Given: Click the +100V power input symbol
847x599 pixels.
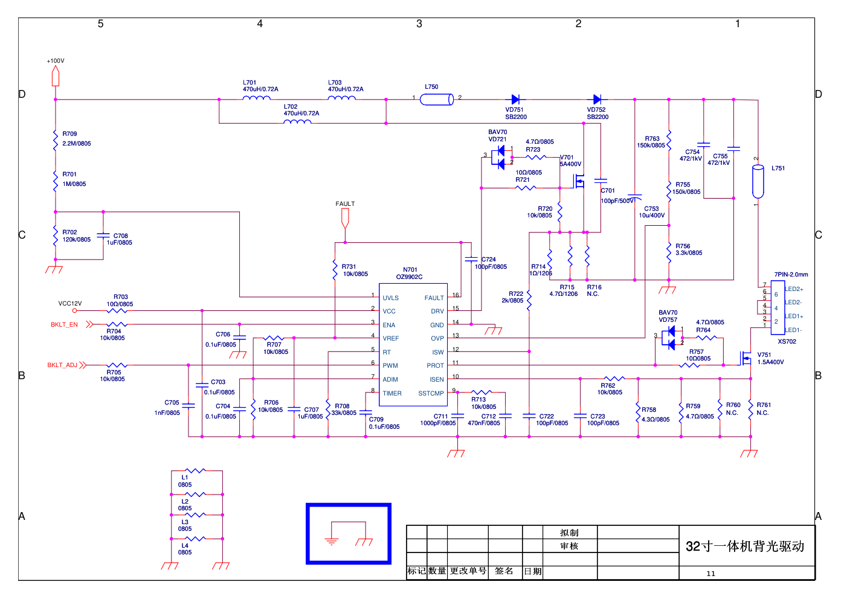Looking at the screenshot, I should pos(56,76).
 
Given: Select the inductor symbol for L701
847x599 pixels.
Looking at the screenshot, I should pos(256,98).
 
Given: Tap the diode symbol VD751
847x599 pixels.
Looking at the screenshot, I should pos(515,100).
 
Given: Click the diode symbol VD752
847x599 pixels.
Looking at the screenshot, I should pos(597,100).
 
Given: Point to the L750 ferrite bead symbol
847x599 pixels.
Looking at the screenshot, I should pos(437,100).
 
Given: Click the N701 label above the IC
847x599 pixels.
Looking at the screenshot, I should pos(410,270).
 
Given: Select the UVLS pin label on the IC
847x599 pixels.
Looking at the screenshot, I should pos(390,298).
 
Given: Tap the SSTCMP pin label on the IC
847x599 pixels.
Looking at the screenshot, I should pos(431,393).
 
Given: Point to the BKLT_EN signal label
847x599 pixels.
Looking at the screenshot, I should pos(64,325).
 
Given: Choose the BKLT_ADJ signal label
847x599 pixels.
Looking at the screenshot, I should pos(62,365).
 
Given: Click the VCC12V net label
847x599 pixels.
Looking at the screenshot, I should pos(70,304).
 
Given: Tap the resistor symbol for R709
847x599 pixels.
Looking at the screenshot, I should pos(56,139).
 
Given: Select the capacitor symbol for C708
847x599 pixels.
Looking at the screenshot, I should pos(103,236).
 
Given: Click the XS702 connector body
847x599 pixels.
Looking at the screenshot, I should pos(777,307).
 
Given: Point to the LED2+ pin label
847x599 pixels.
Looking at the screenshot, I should pos(794,289).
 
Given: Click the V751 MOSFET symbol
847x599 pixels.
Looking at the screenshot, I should pos(746,359).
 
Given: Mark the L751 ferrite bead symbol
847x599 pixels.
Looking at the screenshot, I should pos(758,181).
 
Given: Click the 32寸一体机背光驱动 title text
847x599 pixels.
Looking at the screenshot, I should pos(745,546).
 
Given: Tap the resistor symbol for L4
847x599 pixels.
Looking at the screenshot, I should pos(195,539).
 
